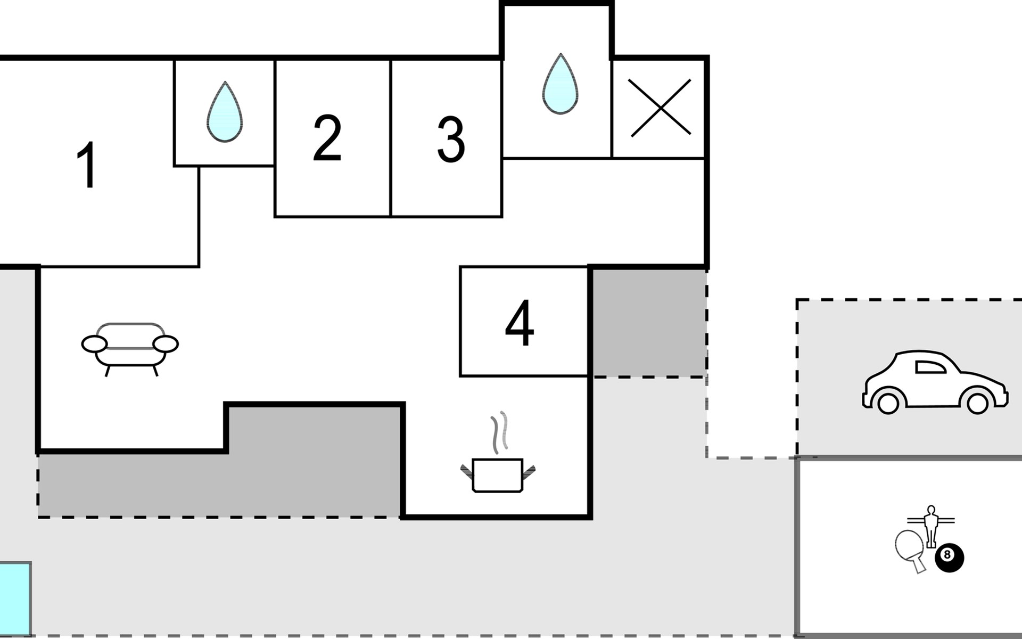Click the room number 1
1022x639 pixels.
[x=87, y=165]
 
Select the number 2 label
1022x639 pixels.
[x=327, y=138]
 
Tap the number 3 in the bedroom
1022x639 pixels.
[x=451, y=140]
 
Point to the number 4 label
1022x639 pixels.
[x=520, y=323]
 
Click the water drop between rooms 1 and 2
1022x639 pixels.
[x=225, y=112]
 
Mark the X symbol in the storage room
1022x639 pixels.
[x=660, y=108]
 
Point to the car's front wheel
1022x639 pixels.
[x=977, y=403]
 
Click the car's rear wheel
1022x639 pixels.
[x=888, y=403]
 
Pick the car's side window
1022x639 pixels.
[x=929, y=367]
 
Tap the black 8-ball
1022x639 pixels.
[x=949, y=557]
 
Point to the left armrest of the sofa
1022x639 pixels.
[x=95, y=344]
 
